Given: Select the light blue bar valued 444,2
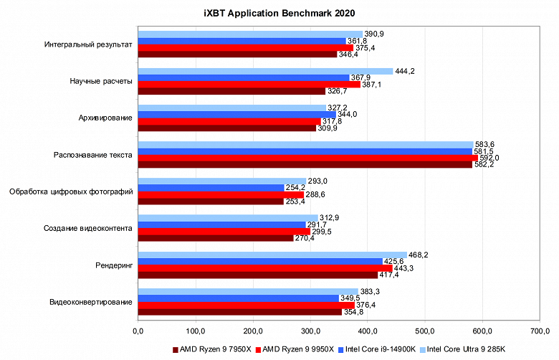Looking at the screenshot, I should pos(265,71).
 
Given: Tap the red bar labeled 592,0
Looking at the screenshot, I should pos(307,158).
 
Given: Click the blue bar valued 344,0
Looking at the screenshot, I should pos(236,115).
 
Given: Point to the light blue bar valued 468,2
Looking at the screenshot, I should pos(272,255).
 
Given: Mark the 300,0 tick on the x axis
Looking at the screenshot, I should pos(310,331).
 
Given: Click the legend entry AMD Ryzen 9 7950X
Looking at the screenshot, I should pos(212,350).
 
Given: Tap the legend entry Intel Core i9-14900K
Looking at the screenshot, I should pos(378,350).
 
